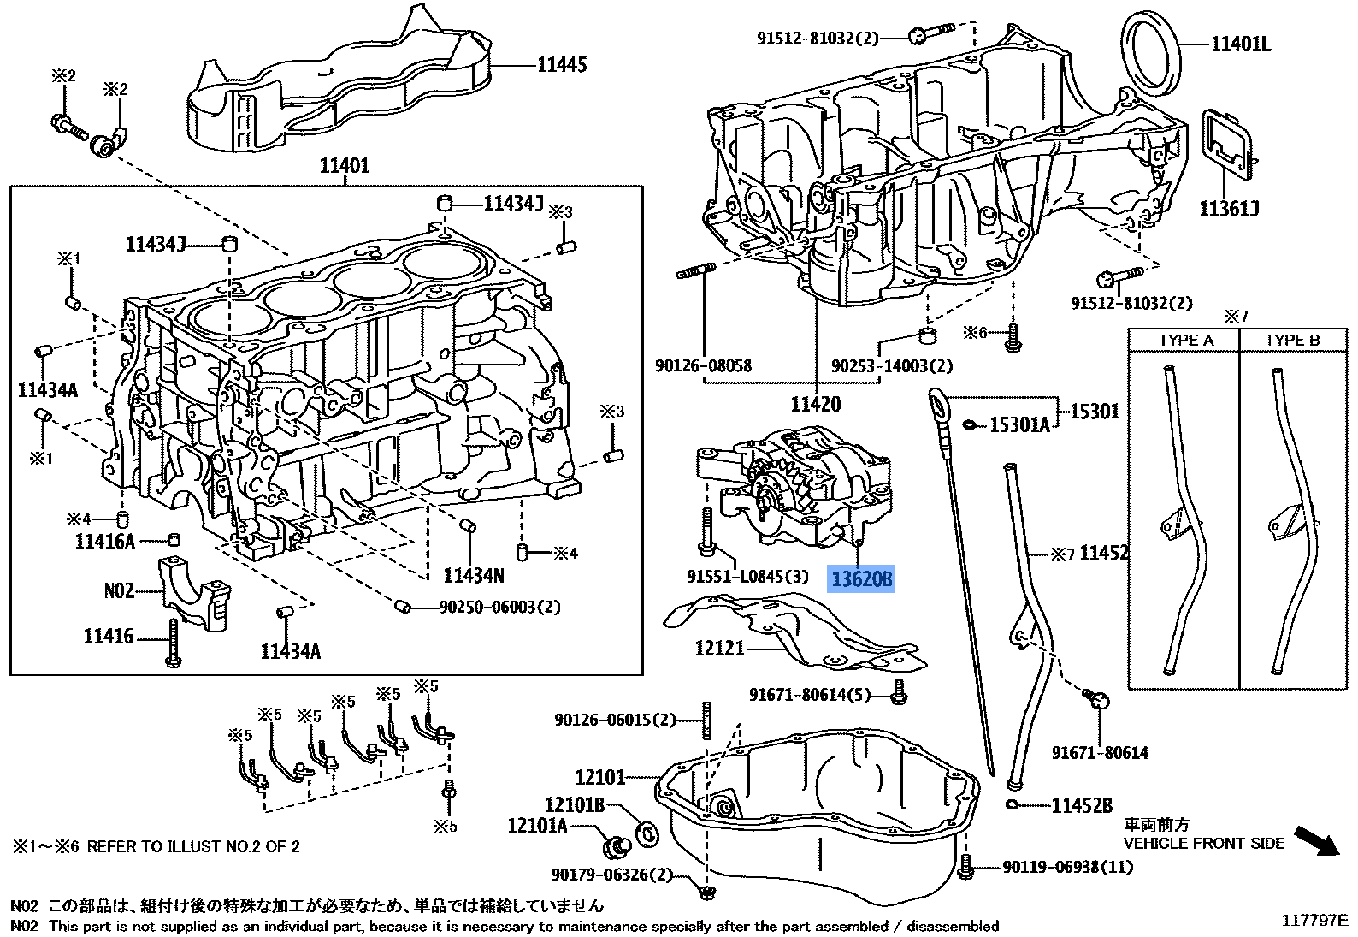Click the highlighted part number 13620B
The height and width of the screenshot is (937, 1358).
click(862, 579)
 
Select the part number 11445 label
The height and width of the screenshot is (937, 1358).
click(562, 65)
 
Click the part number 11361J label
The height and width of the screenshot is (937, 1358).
click(1229, 209)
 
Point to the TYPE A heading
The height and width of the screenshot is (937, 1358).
click(1185, 340)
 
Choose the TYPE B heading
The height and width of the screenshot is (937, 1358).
click(1292, 340)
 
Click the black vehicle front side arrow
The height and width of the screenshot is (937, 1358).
click(1317, 839)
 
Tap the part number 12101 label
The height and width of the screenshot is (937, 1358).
click(600, 777)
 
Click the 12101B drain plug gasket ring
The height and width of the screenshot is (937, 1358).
click(649, 833)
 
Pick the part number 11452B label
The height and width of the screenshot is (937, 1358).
click(1082, 805)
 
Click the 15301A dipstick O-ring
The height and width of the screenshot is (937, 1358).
click(969, 424)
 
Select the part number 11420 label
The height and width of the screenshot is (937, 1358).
click(815, 404)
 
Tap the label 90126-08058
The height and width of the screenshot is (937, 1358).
click(703, 366)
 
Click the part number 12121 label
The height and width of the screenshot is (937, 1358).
click(719, 649)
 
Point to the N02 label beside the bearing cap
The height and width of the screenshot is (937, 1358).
click(120, 590)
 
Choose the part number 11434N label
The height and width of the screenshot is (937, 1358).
click(474, 575)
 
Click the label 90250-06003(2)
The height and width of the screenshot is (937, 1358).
click(499, 607)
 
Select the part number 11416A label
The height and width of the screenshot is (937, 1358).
click(105, 542)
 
